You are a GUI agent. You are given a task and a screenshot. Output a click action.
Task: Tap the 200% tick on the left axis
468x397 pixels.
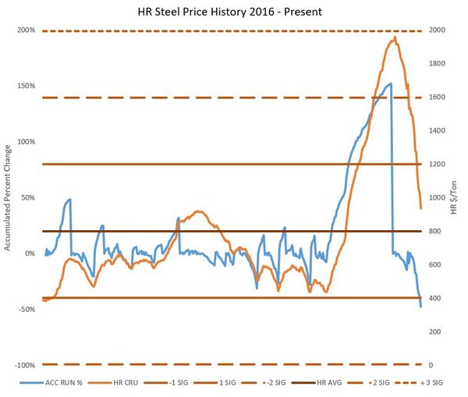tap(26, 30)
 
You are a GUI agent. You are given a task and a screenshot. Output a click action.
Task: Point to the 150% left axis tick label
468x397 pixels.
tap(26, 86)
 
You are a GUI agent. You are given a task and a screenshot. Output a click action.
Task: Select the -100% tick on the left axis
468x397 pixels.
tap(24, 365)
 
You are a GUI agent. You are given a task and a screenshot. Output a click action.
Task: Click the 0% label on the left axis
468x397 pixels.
tap(30, 253)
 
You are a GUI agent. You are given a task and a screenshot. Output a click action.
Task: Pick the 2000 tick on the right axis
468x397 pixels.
tap(437, 30)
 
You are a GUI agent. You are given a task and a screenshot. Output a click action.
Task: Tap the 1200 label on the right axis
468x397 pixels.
tap(437, 165)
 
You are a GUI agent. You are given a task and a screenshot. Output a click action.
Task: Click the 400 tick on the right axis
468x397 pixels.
tap(434, 298)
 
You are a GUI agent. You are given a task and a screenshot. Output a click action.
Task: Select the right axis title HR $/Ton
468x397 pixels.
tap(454, 198)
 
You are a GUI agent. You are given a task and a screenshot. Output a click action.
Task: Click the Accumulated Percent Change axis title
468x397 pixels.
tap(9, 197)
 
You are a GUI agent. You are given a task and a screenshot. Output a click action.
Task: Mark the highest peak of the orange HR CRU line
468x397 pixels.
tap(395, 37)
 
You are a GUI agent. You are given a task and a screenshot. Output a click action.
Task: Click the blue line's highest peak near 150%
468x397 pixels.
tap(389, 83)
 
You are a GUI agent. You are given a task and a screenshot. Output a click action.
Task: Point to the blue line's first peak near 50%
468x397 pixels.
tap(69, 199)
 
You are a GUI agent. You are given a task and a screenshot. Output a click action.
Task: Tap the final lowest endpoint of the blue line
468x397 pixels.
tap(421, 307)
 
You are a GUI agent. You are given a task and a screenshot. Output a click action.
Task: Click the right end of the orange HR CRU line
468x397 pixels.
tap(421, 208)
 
